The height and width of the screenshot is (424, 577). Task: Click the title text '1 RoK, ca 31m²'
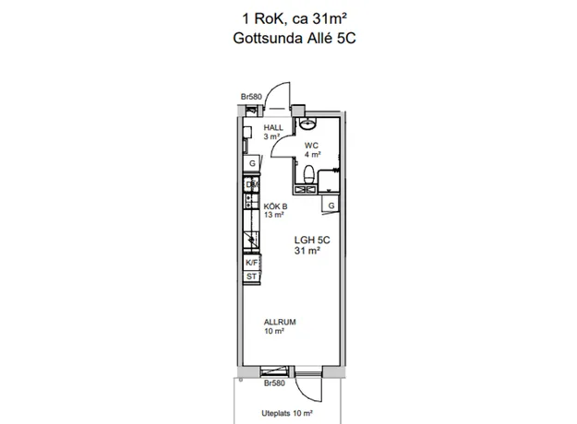[295, 18]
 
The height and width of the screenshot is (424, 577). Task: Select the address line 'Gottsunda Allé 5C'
[295, 38]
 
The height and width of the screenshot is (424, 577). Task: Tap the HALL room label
[273, 128]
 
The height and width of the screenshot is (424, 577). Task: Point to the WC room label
[311, 146]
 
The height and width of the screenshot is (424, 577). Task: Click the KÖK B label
[275, 206]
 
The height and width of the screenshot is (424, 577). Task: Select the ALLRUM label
[280, 323]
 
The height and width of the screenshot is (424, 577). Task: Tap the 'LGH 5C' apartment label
[312, 241]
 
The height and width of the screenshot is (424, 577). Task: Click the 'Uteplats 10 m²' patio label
[287, 413]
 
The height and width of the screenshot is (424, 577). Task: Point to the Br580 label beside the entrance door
[251, 97]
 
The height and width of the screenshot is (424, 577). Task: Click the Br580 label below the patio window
[274, 383]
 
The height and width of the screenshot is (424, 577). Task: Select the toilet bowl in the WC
[308, 174]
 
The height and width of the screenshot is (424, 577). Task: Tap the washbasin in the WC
[307, 124]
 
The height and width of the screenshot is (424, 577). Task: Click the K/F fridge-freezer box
[252, 263]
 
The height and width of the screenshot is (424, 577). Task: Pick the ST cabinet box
[252, 277]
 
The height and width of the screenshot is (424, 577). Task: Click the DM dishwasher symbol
[252, 184]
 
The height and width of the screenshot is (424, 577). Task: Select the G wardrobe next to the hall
[252, 163]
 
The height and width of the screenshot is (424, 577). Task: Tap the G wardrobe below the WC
[331, 205]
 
